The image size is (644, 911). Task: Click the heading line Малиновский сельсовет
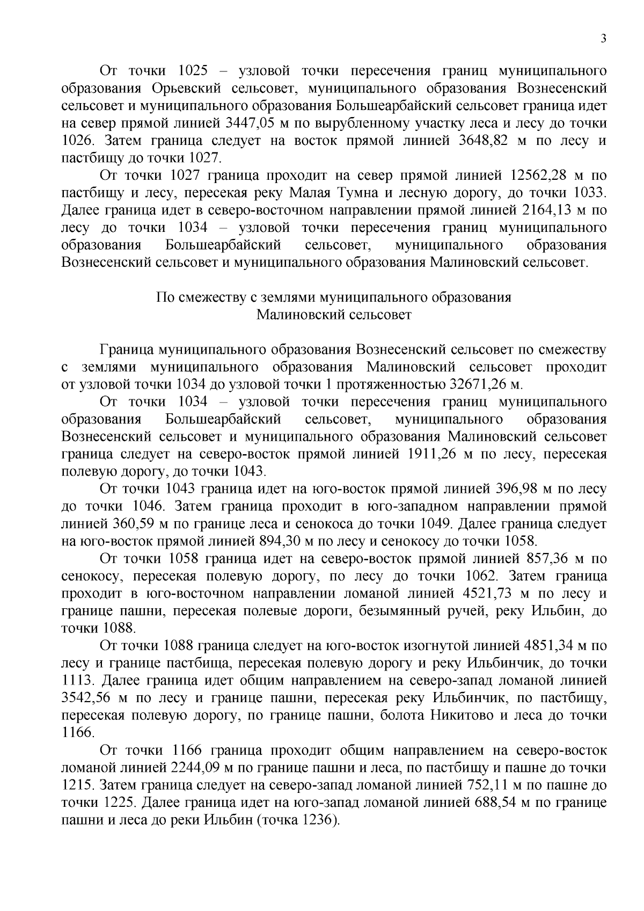(x=334, y=315)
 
